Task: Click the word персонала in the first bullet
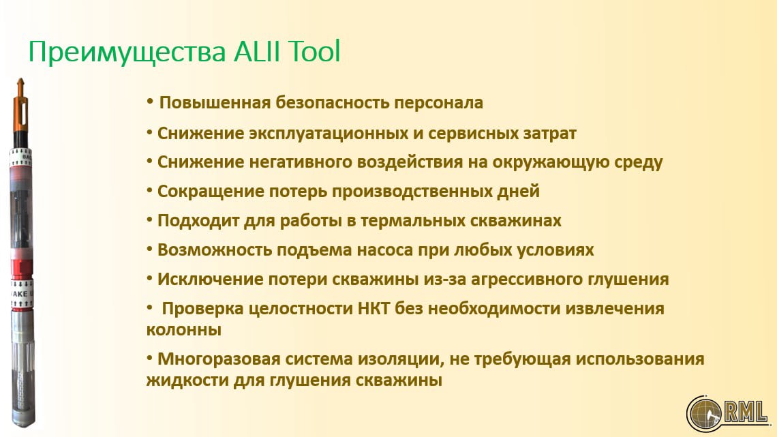(x=438, y=102)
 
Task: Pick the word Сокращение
(x=211, y=192)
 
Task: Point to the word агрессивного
(x=526, y=279)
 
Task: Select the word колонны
(x=184, y=330)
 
